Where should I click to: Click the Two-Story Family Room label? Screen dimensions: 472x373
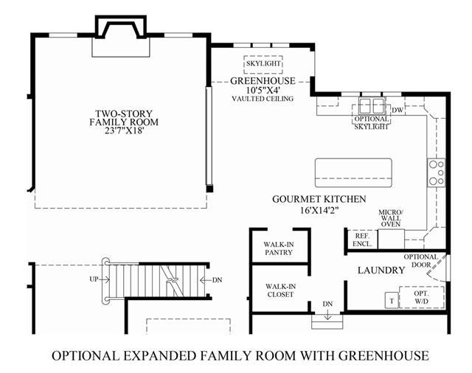pyautogui.click(x=124, y=118)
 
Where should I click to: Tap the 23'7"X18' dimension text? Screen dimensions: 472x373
pyautogui.click(x=124, y=131)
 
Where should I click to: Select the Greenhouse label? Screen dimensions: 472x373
pyautogui.click(x=263, y=81)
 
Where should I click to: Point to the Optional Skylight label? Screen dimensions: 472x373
pyautogui.click(x=371, y=122)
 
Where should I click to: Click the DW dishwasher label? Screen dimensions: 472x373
pyautogui.click(x=398, y=110)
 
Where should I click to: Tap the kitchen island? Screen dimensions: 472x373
pyautogui.click(x=353, y=172)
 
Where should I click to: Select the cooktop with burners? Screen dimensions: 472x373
pyautogui.click(x=436, y=172)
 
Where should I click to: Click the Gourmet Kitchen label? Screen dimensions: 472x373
pyautogui.click(x=319, y=199)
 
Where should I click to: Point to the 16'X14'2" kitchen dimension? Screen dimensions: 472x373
pyautogui.click(x=319, y=210)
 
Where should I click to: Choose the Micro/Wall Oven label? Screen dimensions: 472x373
pyautogui.click(x=391, y=218)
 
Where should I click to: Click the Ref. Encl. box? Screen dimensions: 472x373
pyautogui.click(x=362, y=240)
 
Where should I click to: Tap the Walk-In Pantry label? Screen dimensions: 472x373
pyautogui.click(x=279, y=248)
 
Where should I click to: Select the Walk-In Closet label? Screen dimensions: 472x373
pyautogui.click(x=280, y=290)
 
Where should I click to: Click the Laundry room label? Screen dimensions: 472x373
pyautogui.click(x=381, y=270)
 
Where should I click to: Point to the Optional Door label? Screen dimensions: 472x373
pyautogui.click(x=420, y=261)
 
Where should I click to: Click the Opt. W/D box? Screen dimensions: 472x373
pyautogui.click(x=422, y=297)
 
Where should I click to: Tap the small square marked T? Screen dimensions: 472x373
pyautogui.click(x=392, y=300)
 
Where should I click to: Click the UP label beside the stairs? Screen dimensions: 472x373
pyautogui.click(x=94, y=279)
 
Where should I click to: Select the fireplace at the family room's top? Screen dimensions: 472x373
pyautogui.click(x=121, y=37)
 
